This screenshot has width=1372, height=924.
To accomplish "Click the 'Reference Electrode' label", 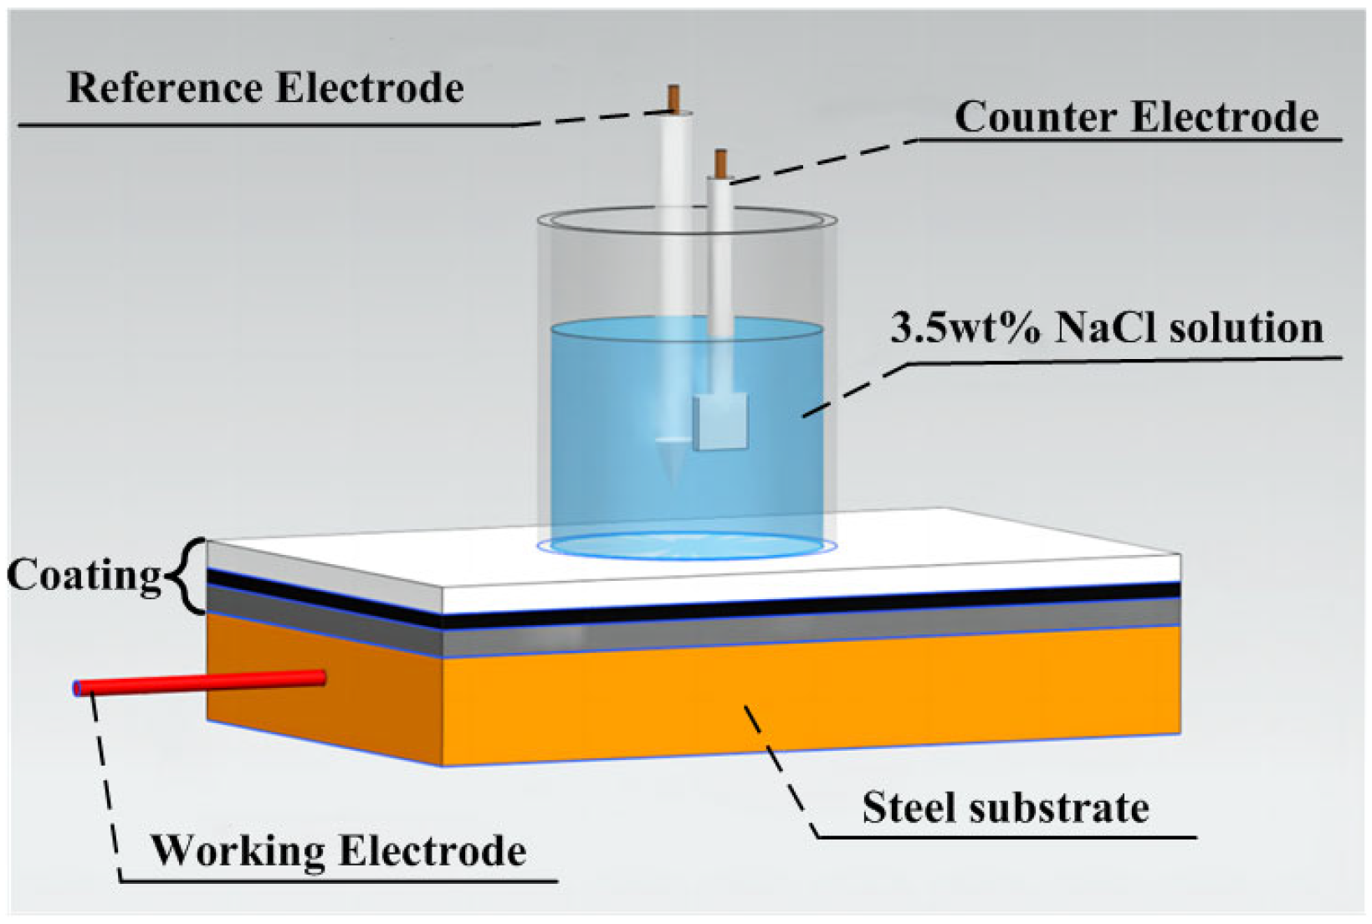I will (264, 89).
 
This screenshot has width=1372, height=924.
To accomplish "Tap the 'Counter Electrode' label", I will (1136, 117).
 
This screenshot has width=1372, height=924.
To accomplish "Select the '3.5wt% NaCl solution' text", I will (1106, 328).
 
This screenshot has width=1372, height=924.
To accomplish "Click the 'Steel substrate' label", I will (1005, 808).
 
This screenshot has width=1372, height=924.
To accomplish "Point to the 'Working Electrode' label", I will (338, 851).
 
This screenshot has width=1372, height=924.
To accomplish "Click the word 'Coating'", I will (84, 576).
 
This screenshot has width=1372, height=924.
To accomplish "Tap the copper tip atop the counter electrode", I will (720, 162).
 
